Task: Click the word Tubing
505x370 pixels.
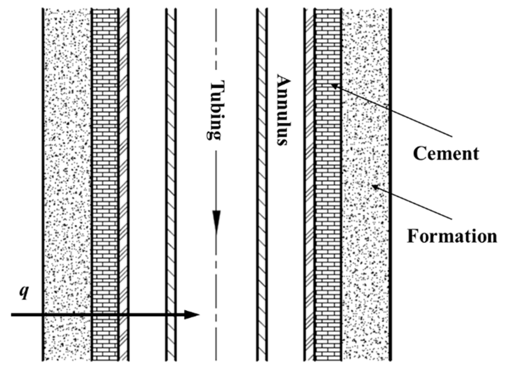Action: pos(215,110)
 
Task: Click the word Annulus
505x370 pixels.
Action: pos(284,110)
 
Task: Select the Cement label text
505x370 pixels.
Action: pos(446,153)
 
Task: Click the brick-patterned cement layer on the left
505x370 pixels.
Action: pos(105,167)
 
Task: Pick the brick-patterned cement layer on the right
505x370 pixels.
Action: pos(328,195)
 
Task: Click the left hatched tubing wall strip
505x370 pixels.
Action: pos(171,167)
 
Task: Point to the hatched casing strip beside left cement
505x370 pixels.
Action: pos(124,167)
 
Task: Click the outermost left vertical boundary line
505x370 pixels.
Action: pos(43,167)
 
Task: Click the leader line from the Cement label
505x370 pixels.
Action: pos(395,111)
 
